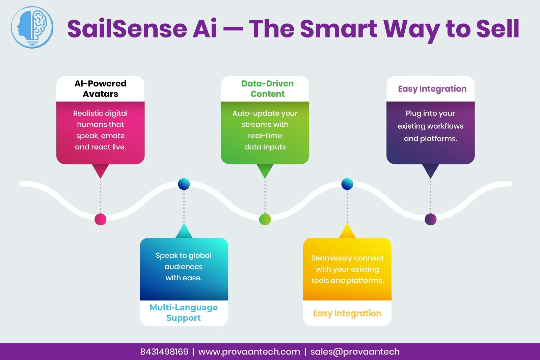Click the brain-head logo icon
click(32, 27)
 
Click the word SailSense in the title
click(127, 29)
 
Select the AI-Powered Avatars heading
click(100, 88)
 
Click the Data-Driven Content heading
click(267, 88)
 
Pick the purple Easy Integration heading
click(432, 89)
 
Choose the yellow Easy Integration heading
click(347, 313)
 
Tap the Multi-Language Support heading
click(184, 312)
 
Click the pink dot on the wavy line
click(101, 219)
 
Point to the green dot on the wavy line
click(265, 219)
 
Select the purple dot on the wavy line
click(430, 219)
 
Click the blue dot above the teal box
click(184, 184)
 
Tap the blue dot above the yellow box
click(347, 184)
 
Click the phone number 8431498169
click(164, 352)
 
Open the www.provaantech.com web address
click(249, 352)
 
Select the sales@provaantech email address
click(355, 352)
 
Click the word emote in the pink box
click(113, 136)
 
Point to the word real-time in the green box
click(265, 136)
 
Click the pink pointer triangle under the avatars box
click(100, 170)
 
